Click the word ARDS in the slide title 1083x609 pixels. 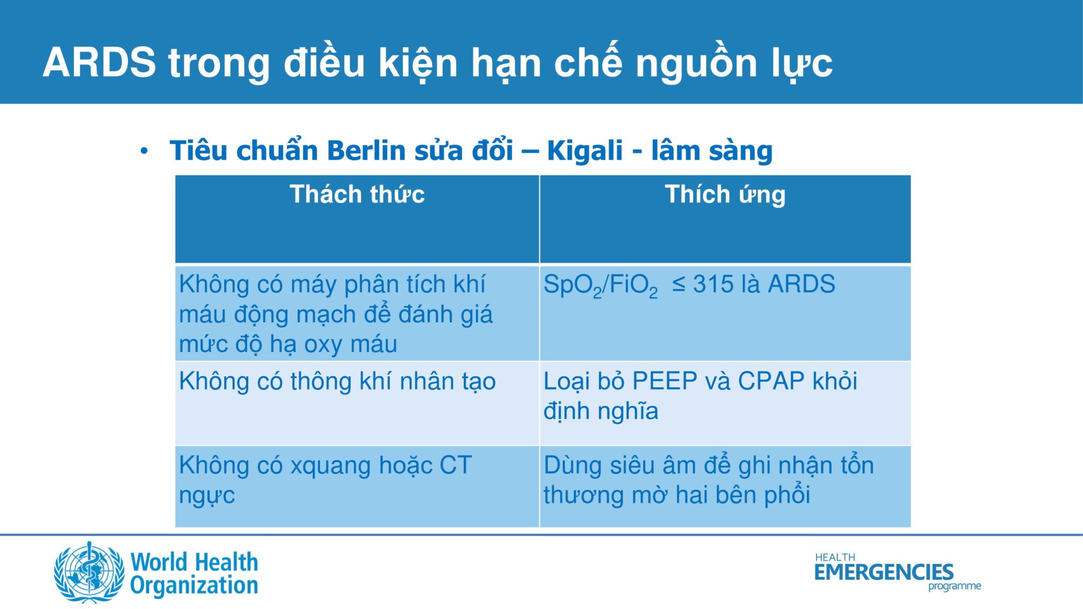[x=99, y=63]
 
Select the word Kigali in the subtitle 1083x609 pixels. [x=585, y=152]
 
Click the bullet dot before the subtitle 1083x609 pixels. [x=144, y=152]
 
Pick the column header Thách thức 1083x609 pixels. [x=357, y=194]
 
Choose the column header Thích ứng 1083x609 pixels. [x=725, y=195]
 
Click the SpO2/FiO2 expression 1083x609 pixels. [x=601, y=285]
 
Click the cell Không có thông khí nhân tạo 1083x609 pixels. [x=337, y=381]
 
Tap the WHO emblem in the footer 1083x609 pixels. [x=89, y=572]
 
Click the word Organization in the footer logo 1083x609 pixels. [x=194, y=586]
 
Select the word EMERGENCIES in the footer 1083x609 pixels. [x=884, y=572]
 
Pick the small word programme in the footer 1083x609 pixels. [x=954, y=586]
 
